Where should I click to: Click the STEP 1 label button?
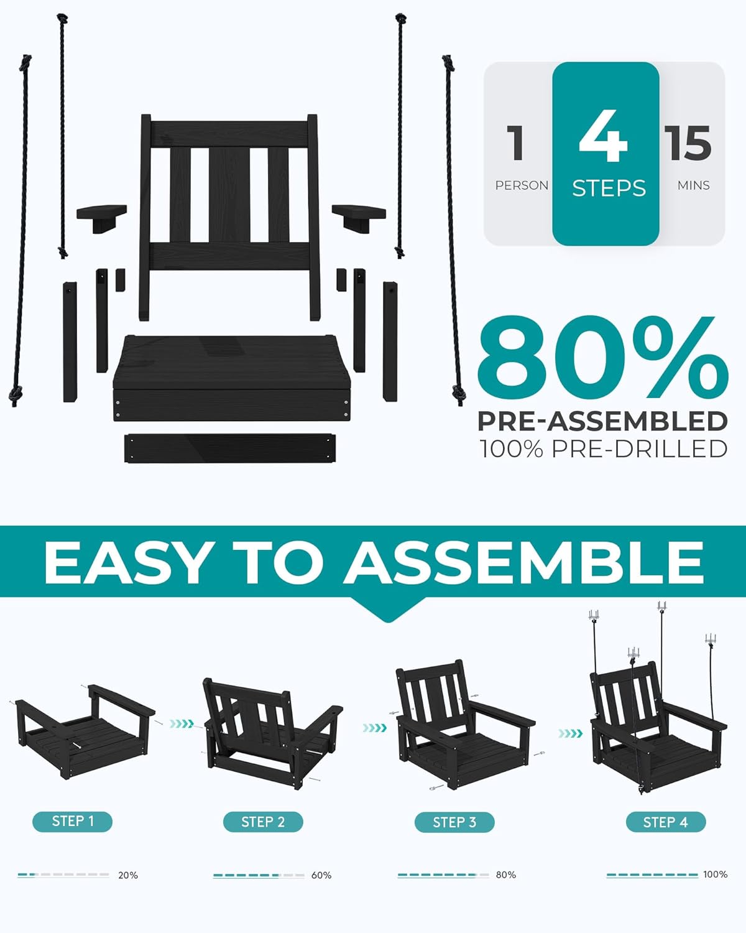(x=72, y=821)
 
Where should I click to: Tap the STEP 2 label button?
(x=263, y=822)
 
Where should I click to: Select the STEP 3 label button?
(x=454, y=822)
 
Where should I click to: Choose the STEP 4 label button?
(x=665, y=822)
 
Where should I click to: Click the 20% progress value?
(x=128, y=875)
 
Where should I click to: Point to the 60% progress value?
(x=321, y=875)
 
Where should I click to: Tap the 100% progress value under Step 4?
(x=715, y=875)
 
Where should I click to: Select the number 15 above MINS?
(x=688, y=143)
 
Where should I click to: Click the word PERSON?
(x=522, y=185)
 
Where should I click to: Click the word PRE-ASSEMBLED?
(x=602, y=421)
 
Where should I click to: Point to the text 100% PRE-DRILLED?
(x=603, y=448)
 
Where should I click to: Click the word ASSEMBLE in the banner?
(x=524, y=562)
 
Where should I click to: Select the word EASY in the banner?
(x=127, y=562)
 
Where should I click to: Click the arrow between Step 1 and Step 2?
(x=182, y=724)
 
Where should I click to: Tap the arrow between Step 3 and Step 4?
(x=570, y=733)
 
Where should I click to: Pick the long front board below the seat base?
(x=230, y=448)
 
